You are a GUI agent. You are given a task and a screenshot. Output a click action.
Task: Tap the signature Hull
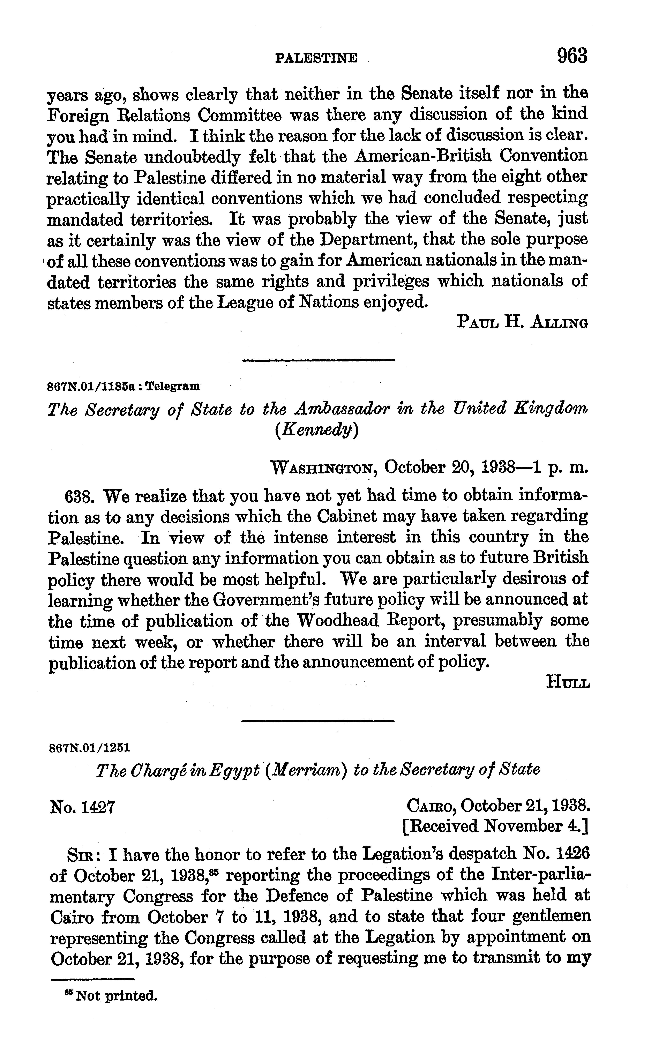[x=567, y=682]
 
